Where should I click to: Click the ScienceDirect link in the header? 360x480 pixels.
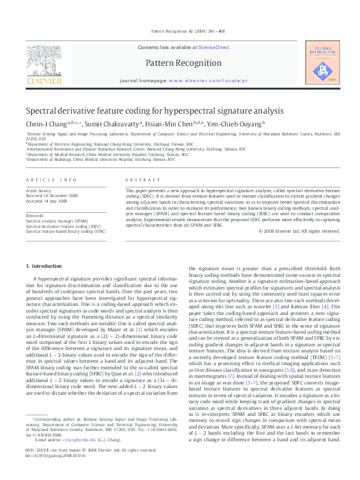point(214,47)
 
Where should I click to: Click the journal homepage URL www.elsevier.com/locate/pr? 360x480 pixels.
point(208,80)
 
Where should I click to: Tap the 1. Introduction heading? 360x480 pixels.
point(45,267)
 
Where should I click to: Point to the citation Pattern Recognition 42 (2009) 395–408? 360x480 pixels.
point(180,32)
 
